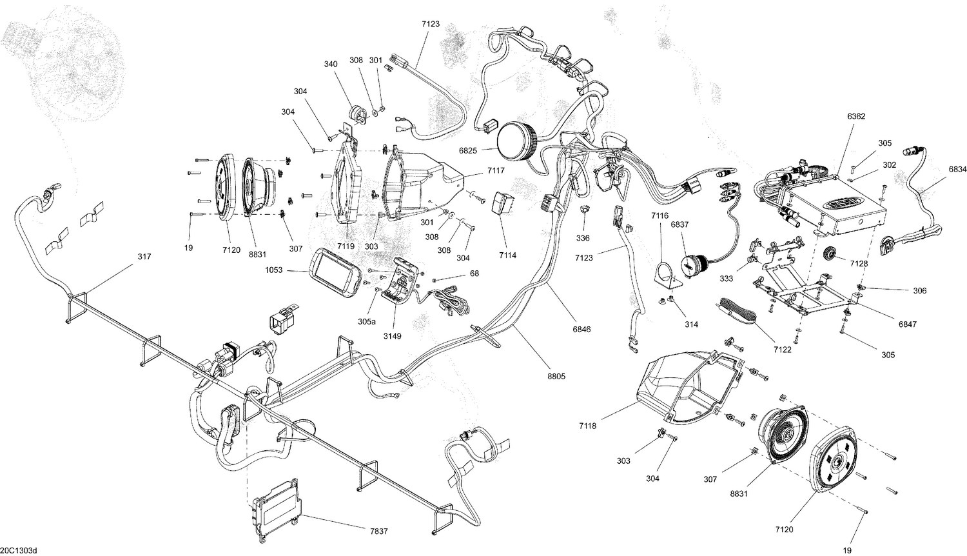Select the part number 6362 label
coord(856,117)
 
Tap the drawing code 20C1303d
coord(19,550)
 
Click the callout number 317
coord(144,257)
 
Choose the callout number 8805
coord(556,376)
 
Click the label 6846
coord(581,329)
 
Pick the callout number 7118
coord(587,426)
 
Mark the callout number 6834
coord(957,170)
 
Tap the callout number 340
coord(331,64)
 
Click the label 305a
coord(367,321)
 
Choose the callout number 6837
coord(679,224)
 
